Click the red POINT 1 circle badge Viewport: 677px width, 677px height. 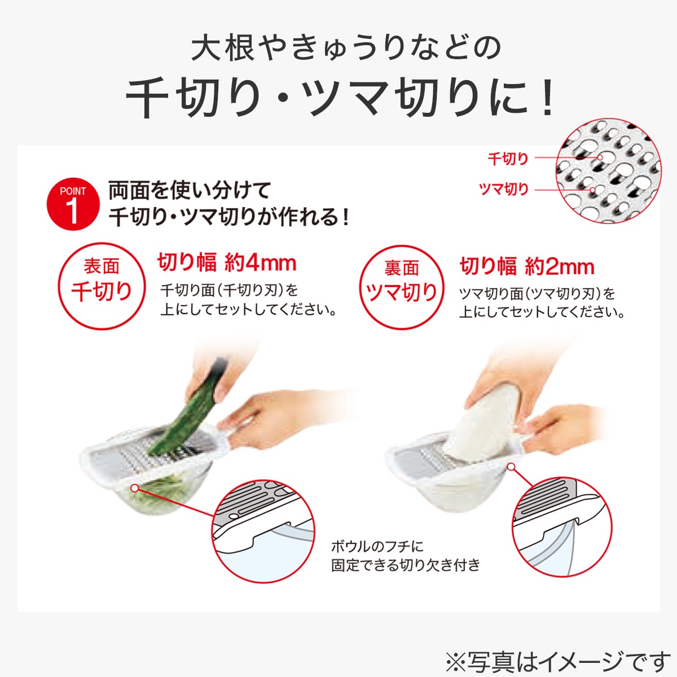click(72, 204)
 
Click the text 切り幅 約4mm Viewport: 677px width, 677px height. click(227, 263)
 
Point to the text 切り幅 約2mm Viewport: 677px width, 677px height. click(527, 266)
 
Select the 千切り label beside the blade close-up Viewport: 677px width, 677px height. click(508, 159)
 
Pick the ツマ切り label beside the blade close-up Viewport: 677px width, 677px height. click(503, 190)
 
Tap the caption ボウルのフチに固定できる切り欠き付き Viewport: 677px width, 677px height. click(405, 555)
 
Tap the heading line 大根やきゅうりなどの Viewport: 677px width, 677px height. click(346, 48)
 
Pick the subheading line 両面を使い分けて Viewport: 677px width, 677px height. click(190, 190)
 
